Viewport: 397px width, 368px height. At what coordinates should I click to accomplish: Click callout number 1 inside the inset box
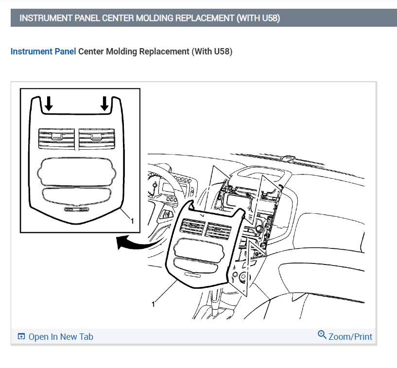pos(131,221)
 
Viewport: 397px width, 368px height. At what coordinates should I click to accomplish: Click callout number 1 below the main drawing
pos(154,304)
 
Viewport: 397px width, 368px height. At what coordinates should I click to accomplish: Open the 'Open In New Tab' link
pos(61,337)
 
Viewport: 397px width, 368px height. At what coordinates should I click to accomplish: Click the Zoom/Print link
pos(350,336)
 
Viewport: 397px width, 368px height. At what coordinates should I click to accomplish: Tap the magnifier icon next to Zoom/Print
pos(322,335)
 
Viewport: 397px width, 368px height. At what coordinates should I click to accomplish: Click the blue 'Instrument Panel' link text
pos(43,52)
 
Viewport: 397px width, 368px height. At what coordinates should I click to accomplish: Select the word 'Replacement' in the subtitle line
pos(164,52)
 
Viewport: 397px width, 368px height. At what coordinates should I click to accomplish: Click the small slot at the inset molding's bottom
pos(77,210)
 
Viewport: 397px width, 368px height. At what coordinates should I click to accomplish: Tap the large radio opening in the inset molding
pos(77,170)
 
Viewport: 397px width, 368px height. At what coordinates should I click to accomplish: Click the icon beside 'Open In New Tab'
pos(21,337)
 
